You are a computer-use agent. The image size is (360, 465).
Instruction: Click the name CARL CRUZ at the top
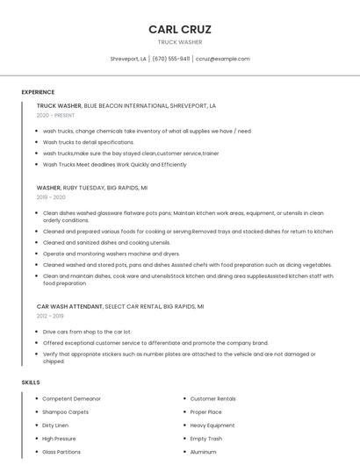click(x=180, y=29)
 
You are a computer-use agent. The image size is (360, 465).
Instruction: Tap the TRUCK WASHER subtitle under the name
click(x=180, y=42)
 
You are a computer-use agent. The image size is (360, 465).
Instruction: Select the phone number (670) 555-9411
click(x=170, y=59)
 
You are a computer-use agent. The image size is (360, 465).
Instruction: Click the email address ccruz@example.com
click(x=223, y=59)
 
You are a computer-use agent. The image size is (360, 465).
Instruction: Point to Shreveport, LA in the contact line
click(x=128, y=59)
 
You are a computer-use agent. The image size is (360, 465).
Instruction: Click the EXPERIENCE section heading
click(x=38, y=92)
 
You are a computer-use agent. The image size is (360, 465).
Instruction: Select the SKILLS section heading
click(x=31, y=383)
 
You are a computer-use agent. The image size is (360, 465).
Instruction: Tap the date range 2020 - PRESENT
click(x=55, y=115)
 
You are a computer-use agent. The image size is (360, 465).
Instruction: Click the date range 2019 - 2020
click(x=52, y=197)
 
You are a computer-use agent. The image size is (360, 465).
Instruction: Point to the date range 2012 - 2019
click(x=50, y=316)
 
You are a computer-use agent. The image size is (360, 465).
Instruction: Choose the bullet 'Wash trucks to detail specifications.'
click(x=89, y=142)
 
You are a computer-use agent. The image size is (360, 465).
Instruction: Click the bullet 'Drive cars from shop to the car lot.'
click(x=87, y=332)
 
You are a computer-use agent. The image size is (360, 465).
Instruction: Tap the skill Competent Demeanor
click(x=72, y=398)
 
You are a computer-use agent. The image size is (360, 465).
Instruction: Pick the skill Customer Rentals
click(x=213, y=398)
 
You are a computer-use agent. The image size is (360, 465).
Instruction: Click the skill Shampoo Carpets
click(x=66, y=411)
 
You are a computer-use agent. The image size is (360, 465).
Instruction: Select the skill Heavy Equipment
click(x=212, y=425)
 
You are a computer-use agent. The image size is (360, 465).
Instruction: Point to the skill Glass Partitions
click(x=61, y=452)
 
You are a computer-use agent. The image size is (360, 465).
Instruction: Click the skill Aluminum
click(x=203, y=452)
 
